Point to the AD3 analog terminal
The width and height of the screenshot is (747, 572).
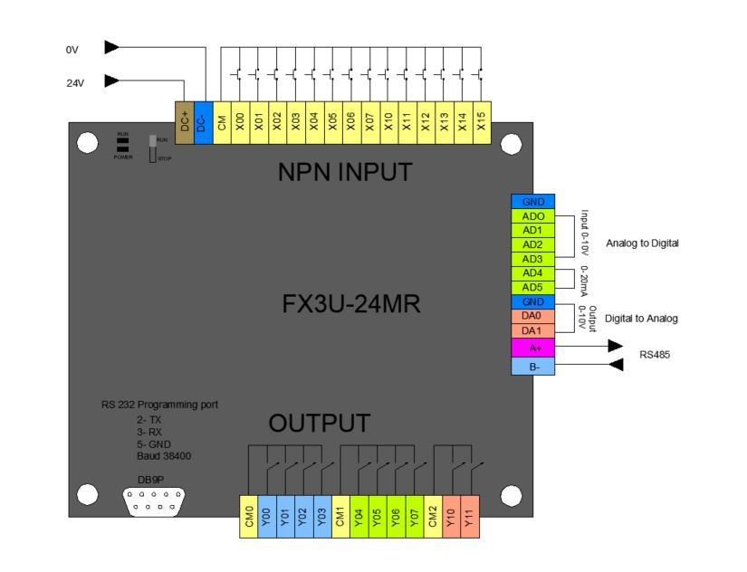tap(533, 259)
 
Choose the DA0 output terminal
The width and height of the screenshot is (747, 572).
tap(533, 316)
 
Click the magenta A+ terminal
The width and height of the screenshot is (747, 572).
tap(533, 346)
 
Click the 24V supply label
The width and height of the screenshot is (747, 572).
tap(75, 81)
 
